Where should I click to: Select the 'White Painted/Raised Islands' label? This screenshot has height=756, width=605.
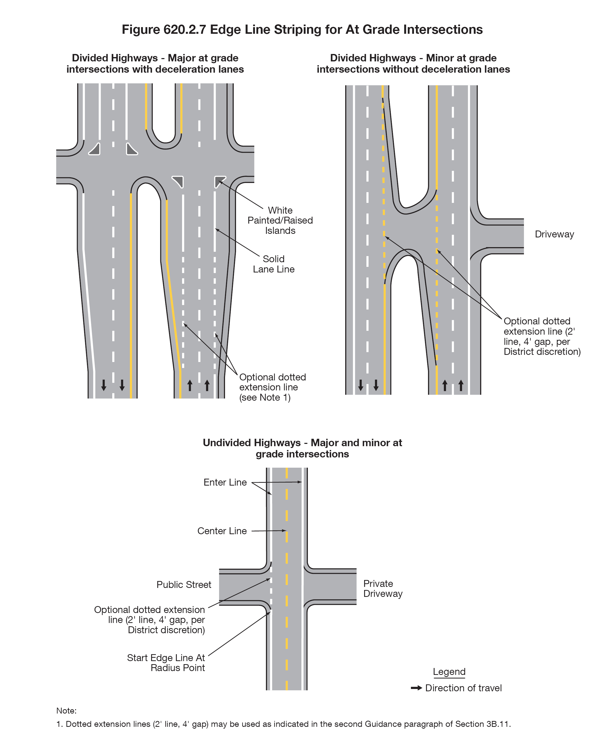click(x=280, y=220)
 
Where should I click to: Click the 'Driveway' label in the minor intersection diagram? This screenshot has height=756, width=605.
click(x=554, y=234)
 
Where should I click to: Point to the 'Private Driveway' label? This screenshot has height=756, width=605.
click(x=383, y=588)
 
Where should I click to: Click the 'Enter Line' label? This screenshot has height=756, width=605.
click(x=225, y=483)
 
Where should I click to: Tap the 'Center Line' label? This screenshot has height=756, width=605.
click(x=222, y=531)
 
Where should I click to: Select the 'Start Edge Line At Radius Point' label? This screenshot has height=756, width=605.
click(x=166, y=663)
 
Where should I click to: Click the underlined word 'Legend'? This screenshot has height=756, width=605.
click(x=449, y=672)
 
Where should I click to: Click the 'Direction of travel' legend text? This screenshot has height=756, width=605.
click(x=463, y=688)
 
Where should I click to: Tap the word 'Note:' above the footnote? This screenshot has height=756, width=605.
click(x=66, y=711)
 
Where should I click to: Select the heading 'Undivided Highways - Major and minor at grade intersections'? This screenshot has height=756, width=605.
click(x=302, y=448)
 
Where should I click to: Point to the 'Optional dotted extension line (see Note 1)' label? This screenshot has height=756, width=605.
click(x=272, y=387)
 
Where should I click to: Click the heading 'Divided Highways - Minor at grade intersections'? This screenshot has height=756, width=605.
click(x=413, y=63)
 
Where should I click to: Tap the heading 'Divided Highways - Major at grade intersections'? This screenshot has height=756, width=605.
click(x=155, y=63)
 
